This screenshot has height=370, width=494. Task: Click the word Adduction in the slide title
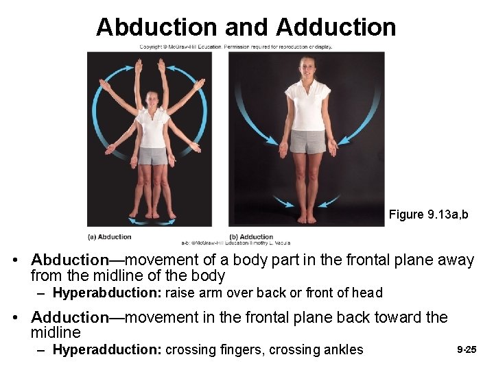coord(336,27)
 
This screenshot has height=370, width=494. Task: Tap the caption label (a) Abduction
coord(110,237)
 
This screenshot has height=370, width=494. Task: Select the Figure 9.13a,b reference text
coord(428,214)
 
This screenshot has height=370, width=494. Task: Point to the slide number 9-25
coord(467,349)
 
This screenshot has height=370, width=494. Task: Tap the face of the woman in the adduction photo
coord(307,67)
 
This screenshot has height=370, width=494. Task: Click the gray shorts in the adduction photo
coord(307,142)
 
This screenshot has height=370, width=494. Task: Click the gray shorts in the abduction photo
coord(152,156)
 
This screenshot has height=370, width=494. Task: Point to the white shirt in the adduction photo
coord(307,106)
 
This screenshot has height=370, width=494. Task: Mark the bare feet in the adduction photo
coord(307,219)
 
